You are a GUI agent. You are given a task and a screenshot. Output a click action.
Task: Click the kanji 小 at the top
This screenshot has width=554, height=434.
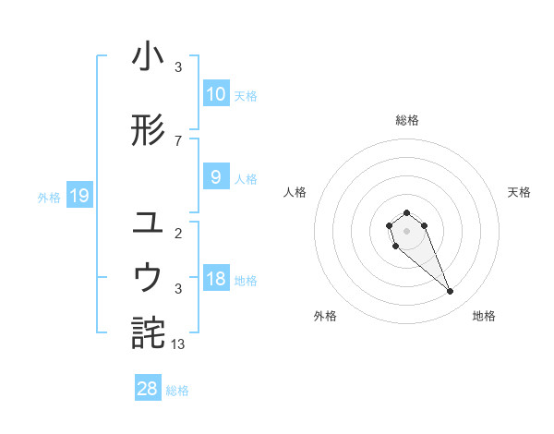tap(149, 57)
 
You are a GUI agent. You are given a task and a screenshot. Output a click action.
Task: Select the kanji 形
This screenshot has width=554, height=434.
tap(149, 130)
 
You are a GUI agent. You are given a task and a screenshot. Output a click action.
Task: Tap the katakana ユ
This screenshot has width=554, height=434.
tap(149, 222)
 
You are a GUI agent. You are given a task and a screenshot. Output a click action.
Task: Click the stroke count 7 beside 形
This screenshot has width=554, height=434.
tap(178, 140)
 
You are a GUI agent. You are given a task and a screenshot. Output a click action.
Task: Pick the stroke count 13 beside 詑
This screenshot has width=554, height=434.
tap(178, 344)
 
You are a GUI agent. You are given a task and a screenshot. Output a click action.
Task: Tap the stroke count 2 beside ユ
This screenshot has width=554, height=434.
tap(178, 233)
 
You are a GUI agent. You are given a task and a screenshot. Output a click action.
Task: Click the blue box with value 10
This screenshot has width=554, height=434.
tap(215, 93)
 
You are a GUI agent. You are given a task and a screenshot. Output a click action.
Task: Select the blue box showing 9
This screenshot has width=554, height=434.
tap(215, 177)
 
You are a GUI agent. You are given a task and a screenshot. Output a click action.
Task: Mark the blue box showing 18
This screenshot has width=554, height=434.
tap(215, 279)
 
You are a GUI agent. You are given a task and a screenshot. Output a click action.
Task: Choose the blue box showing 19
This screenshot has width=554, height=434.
tap(79, 195)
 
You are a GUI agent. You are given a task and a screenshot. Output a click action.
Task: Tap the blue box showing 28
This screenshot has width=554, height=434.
tap(148, 389)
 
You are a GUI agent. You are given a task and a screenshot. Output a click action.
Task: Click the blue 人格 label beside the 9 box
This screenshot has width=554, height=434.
tap(246, 178)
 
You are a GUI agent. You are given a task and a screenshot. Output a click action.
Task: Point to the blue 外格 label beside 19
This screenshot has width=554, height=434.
tap(48, 197)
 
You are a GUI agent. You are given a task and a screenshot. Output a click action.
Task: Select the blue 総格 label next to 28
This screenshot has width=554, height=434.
tap(177, 391)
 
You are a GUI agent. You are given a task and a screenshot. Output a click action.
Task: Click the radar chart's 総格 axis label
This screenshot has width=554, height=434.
tap(406, 120)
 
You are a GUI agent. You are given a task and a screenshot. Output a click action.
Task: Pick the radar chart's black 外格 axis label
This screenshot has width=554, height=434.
tap(325, 316)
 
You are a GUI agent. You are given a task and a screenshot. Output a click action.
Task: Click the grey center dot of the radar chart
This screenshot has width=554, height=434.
tap(406, 229)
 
